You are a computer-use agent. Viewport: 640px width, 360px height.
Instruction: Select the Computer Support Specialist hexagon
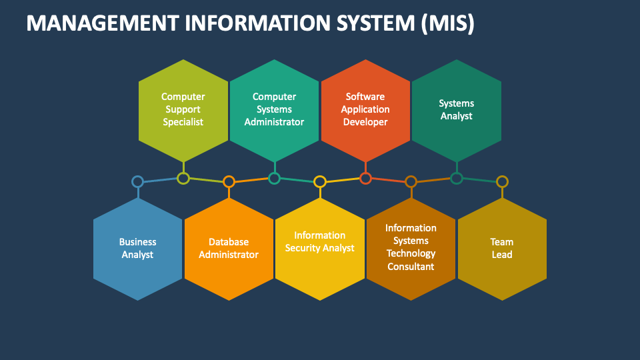click(183, 110)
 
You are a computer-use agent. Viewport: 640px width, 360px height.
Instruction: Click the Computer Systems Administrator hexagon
click(274, 110)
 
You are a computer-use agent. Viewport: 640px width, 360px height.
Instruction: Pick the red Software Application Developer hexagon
click(365, 110)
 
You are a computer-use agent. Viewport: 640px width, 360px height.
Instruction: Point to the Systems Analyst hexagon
click(457, 110)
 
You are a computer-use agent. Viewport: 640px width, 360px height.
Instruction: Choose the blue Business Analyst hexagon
click(138, 249)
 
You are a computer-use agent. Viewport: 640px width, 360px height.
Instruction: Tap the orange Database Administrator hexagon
click(229, 249)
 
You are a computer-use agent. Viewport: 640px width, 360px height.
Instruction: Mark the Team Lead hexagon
click(502, 249)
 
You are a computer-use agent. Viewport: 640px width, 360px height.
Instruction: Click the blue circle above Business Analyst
click(137, 181)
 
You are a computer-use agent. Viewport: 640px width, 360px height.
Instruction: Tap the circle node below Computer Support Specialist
click(183, 178)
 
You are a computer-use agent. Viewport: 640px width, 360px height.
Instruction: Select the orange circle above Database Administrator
click(229, 181)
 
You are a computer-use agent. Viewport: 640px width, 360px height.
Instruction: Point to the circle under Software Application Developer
click(365, 178)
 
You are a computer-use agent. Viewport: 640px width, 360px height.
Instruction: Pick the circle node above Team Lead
click(502, 181)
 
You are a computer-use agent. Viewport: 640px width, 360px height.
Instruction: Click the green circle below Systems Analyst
click(457, 178)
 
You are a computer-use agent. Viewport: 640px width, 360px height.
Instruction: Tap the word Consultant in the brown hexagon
click(411, 267)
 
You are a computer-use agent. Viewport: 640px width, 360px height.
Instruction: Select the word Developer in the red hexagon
click(365, 122)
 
